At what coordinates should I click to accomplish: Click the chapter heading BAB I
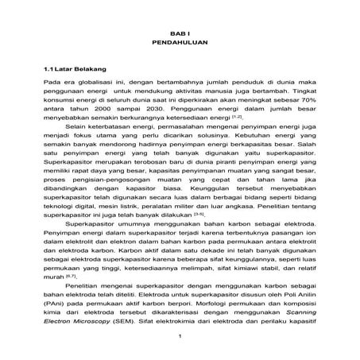coord(179,27)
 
